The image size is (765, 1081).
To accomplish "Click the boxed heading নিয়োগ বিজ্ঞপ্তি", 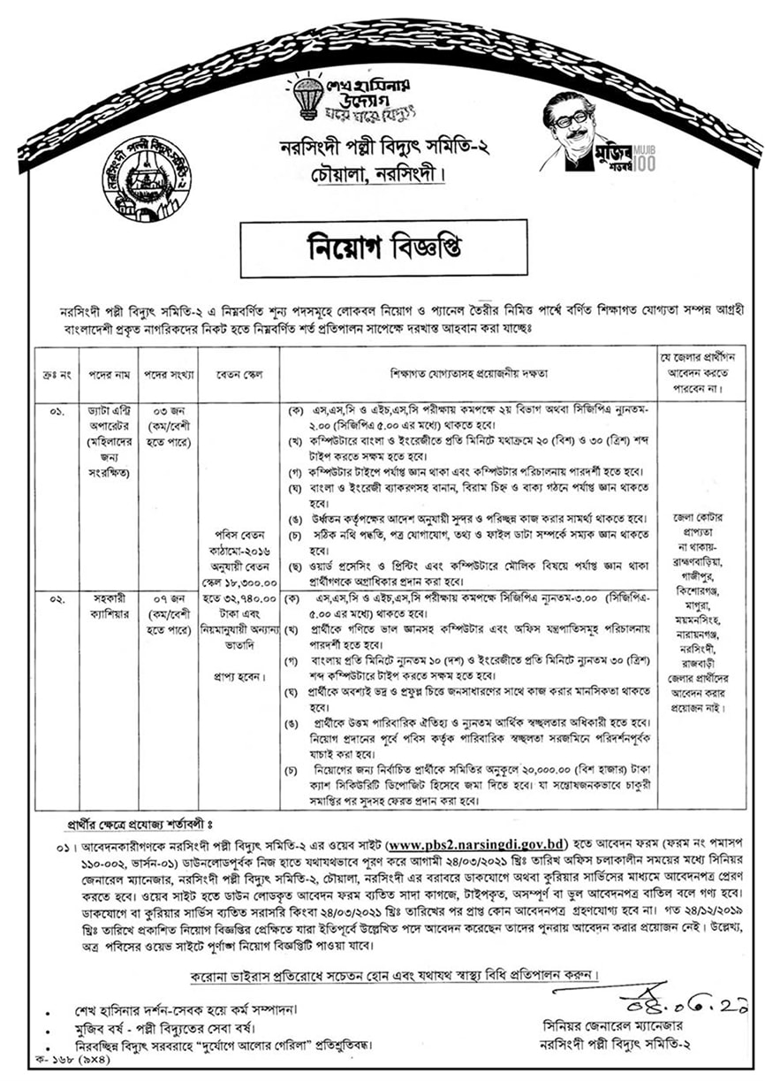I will (x=383, y=247).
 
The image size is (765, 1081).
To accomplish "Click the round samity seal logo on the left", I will (x=146, y=178).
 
